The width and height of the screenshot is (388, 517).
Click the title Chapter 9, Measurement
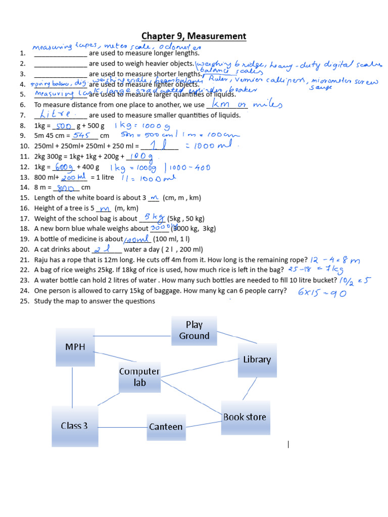193,36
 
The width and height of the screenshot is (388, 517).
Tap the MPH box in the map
75,347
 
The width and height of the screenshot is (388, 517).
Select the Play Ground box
194,331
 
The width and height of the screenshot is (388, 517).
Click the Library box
257,359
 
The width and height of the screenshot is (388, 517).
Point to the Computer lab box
139,377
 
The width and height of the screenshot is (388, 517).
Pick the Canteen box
166,427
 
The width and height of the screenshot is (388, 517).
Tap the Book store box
245,417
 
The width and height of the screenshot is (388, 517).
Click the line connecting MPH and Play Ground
133,336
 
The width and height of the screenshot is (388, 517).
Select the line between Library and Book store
251,389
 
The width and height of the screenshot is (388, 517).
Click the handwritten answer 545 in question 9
81,135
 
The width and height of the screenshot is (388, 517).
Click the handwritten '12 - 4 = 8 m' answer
335,260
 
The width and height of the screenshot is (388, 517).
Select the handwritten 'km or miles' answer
246,104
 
